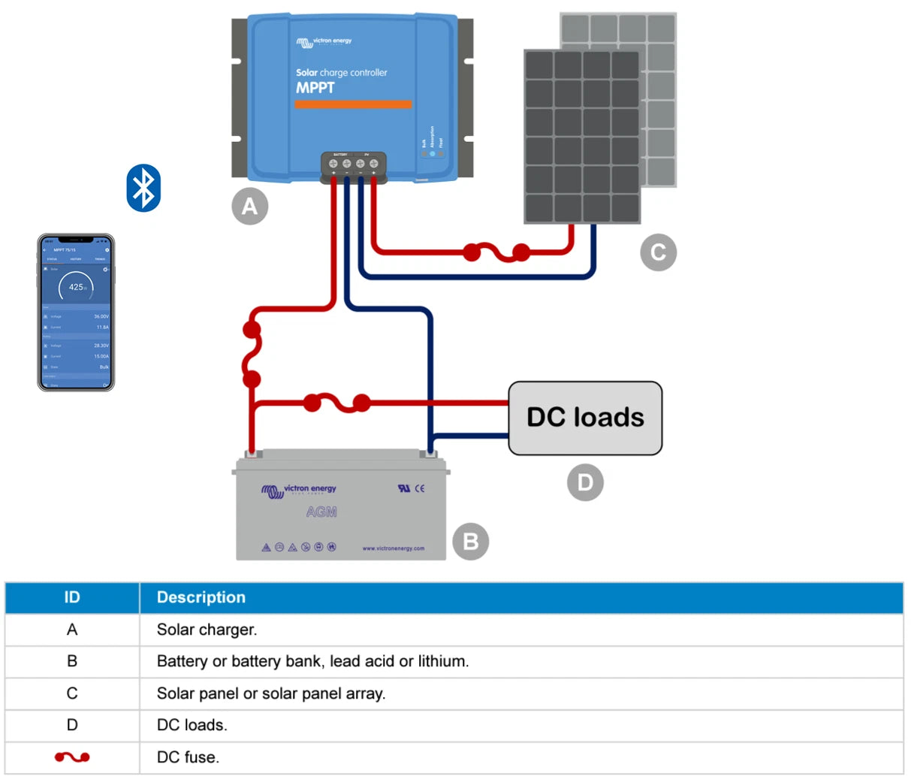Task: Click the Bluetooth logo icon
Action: pyautogui.click(x=143, y=188)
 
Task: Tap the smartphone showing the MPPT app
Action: pyautogui.click(x=76, y=312)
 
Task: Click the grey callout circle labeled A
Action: pyautogui.click(x=249, y=206)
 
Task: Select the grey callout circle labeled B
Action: pyautogui.click(x=470, y=541)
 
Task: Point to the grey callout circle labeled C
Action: pyautogui.click(x=658, y=252)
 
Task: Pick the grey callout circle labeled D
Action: pyautogui.click(x=585, y=482)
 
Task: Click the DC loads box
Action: pyautogui.click(x=585, y=418)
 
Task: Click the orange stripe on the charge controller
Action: pyautogui.click(x=353, y=104)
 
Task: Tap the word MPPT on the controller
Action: pyautogui.click(x=315, y=88)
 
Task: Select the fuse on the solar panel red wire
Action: pyautogui.click(x=496, y=252)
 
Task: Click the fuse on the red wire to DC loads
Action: pyautogui.click(x=336, y=403)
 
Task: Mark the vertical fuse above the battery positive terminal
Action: pyautogui.click(x=252, y=354)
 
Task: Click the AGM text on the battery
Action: pyautogui.click(x=321, y=512)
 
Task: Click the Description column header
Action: pyautogui.click(x=201, y=597)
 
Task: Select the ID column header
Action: pyautogui.click(x=72, y=597)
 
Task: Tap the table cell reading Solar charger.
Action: pyautogui.click(x=207, y=630)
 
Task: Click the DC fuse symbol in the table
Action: pyautogui.click(x=72, y=756)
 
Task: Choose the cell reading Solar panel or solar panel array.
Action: pyautogui.click(x=271, y=693)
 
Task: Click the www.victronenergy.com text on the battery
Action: pyautogui.click(x=393, y=548)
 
